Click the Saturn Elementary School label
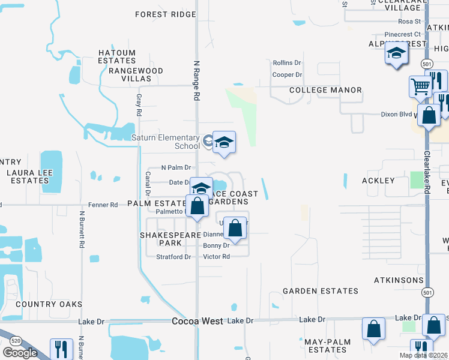coord(166,142)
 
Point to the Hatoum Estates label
coord(117,56)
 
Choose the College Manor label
coord(325,90)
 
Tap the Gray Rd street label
coord(139,104)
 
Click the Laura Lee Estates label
coord(29,176)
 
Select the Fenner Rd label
coord(105,205)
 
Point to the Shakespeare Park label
coord(170,239)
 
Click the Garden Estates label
coord(321,291)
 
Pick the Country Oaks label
coord(49,304)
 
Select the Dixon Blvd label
coord(397,114)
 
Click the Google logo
coord(20,353)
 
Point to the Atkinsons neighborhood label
coord(399,280)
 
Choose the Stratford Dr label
coord(173,257)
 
